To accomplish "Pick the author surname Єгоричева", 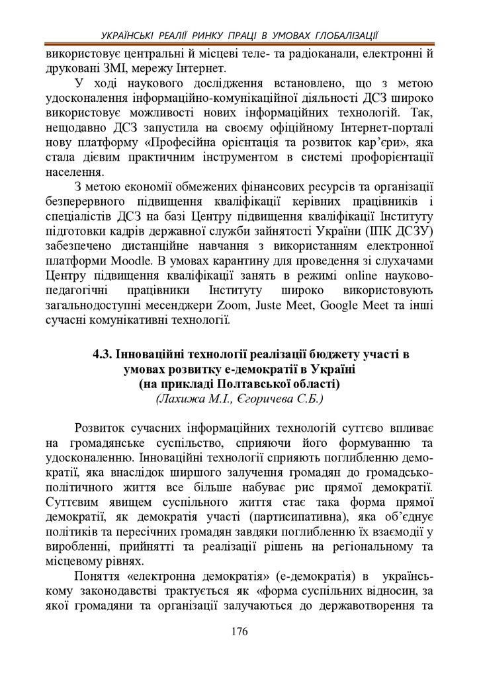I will pyautogui.click(x=277, y=399).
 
